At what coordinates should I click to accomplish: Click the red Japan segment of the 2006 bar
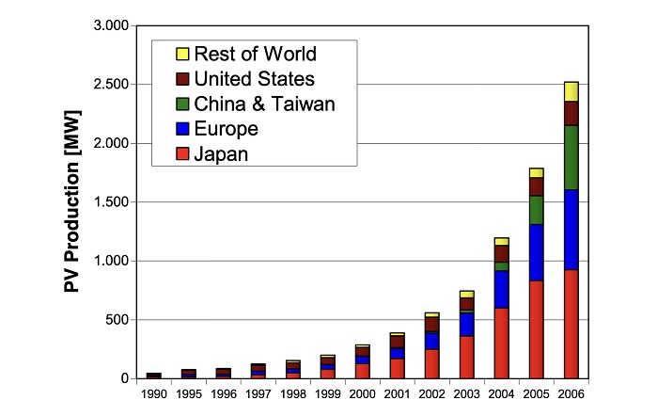tap(571, 324)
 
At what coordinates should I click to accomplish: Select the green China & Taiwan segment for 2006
tap(571, 157)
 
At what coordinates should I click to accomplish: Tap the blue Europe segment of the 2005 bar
tap(537, 252)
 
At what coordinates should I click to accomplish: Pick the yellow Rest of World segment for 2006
tap(571, 91)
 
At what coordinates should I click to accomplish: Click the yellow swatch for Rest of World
tap(182, 55)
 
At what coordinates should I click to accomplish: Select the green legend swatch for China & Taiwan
tap(182, 104)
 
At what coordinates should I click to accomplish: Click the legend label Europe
tap(226, 129)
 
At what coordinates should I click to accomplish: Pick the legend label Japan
tap(221, 153)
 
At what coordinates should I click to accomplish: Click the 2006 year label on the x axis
tap(571, 394)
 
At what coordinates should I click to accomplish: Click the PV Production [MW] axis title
tap(72, 201)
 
